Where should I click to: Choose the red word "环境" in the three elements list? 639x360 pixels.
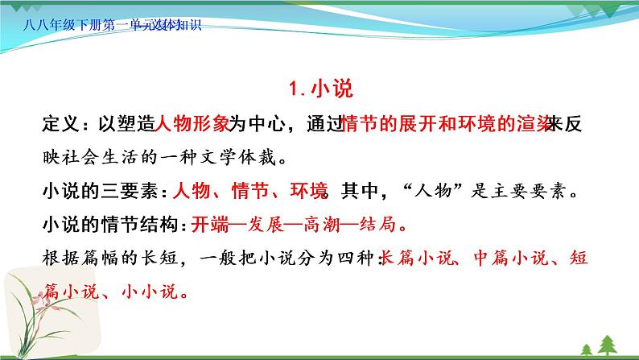(x=307, y=192)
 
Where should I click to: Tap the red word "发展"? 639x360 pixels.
(x=267, y=226)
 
